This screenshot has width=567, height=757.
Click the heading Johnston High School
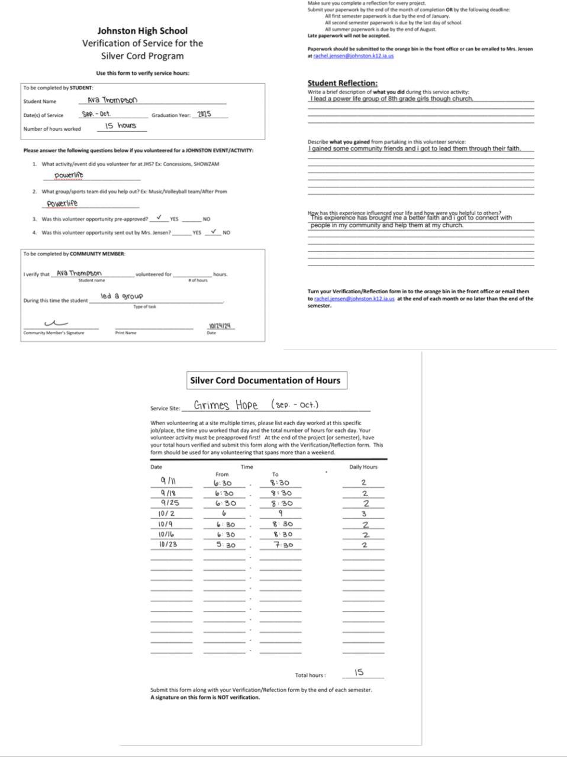(142, 31)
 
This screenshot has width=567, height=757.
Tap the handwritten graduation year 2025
(204, 114)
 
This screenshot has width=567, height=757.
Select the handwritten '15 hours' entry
(120, 126)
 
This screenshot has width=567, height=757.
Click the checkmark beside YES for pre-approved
(159, 218)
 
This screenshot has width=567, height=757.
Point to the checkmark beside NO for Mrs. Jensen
(213, 231)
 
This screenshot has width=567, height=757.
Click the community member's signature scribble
(56, 323)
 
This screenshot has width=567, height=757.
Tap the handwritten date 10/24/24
(220, 326)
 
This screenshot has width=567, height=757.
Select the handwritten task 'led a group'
(121, 296)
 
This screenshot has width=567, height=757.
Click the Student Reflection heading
(342, 83)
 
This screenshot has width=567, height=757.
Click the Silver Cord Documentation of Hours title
(265, 381)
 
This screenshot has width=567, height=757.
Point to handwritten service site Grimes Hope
(225, 405)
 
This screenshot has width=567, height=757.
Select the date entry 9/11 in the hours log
(168, 482)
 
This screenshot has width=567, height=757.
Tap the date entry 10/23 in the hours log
(168, 545)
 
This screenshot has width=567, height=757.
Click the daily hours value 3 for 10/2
(364, 514)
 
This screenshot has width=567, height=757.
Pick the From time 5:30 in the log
(225, 545)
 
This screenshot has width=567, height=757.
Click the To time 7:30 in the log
(283, 545)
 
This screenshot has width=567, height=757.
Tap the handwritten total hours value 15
(359, 672)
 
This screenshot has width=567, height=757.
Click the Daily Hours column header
(363, 467)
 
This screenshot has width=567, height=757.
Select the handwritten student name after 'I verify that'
(79, 273)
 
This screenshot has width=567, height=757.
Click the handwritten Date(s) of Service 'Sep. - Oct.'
(96, 114)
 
